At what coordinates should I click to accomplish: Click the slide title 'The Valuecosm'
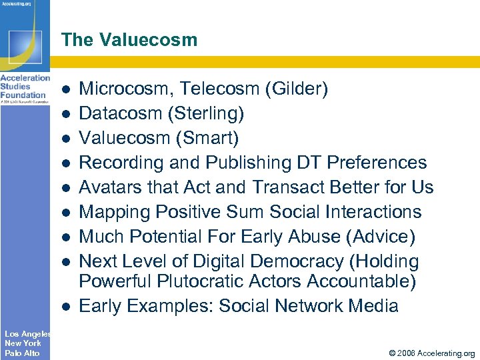click(129, 40)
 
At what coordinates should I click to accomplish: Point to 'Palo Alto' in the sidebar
click(22, 353)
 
